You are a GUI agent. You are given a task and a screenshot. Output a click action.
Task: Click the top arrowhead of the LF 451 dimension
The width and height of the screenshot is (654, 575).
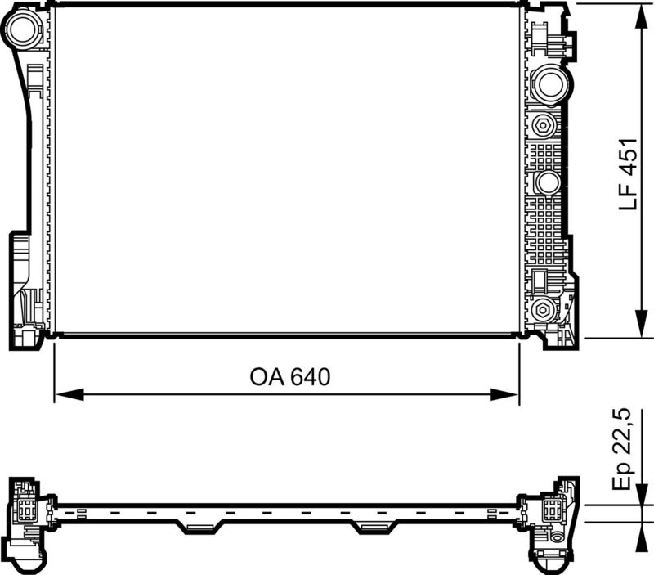pos(638,11)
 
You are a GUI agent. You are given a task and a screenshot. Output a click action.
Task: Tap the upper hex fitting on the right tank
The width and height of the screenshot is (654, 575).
pos(542,125)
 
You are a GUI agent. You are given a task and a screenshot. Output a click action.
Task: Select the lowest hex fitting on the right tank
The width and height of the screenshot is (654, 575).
pos(542,310)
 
